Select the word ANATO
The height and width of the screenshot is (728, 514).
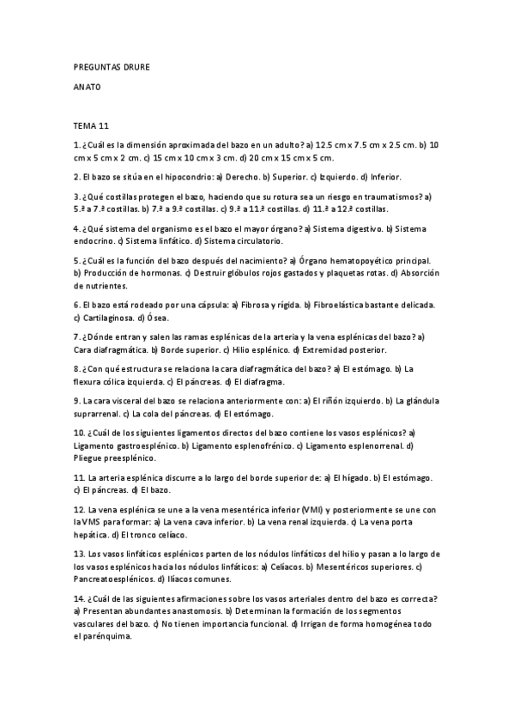pyautogui.click(x=88, y=87)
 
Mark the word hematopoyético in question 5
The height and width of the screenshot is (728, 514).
pyautogui.click(x=353, y=260)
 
